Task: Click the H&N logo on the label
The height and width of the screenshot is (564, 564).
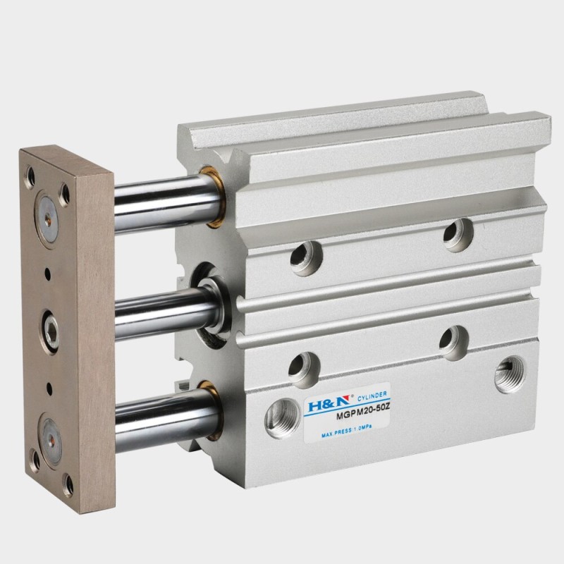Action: tap(324, 407)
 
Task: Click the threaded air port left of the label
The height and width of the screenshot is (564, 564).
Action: tap(281, 418)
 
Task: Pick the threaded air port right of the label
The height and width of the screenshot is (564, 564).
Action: tap(509, 374)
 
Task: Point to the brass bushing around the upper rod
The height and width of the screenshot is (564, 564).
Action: tap(211, 197)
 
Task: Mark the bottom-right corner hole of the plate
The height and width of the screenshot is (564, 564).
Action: tap(68, 484)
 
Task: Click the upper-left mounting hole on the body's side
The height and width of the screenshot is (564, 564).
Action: tap(306, 257)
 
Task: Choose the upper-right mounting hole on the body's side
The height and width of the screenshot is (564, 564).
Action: tap(458, 234)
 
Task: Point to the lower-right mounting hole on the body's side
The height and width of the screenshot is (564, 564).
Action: tap(454, 342)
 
